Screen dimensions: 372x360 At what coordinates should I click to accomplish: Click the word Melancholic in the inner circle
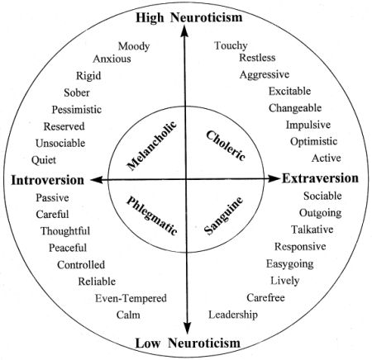click(152, 145)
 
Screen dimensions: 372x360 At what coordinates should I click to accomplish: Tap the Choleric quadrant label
click(226, 145)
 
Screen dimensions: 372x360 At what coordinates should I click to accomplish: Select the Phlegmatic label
click(152, 216)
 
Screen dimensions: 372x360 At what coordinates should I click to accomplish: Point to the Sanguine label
click(224, 216)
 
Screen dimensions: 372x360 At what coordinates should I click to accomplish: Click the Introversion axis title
click(47, 180)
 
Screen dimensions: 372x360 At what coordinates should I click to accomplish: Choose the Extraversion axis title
click(320, 178)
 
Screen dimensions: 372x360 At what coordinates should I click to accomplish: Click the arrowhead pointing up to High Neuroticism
click(184, 31)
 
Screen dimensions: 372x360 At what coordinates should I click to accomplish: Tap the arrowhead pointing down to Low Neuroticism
click(188, 328)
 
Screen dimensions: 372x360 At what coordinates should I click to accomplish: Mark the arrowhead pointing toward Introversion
click(97, 180)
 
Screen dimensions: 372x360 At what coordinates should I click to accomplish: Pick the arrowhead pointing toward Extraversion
click(274, 178)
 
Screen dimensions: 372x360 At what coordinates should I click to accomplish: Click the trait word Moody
click(134, 46)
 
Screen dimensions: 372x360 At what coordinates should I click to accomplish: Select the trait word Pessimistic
click(77, 110)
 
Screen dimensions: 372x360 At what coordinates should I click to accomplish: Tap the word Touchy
click(231, 45)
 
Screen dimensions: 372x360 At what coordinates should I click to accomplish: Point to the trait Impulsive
click(308, 125)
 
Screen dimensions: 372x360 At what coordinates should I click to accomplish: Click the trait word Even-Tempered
click(131, 298)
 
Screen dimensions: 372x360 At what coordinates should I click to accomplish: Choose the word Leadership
click(233, 315)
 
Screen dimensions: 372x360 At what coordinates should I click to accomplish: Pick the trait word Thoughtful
click(65, 231)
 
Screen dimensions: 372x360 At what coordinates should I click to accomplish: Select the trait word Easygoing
click(289, 264)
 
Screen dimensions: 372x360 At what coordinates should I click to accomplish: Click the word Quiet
click(44, 160)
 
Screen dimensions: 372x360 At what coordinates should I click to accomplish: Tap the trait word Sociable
click(322, 196)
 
